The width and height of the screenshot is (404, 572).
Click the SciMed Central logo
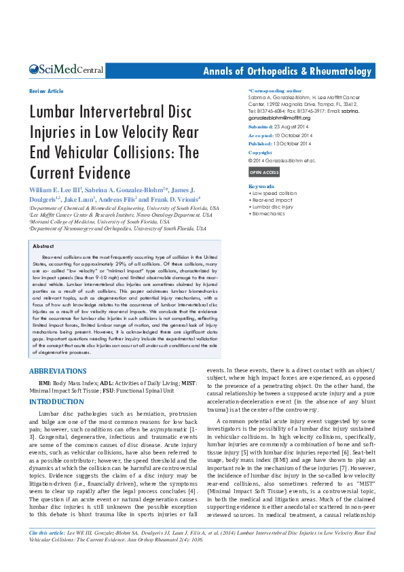(66, 70)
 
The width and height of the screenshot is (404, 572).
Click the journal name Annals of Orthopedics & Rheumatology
(288, 71)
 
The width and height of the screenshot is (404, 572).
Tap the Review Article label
(46, 91)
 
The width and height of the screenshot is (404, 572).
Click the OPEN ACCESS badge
(264, 173)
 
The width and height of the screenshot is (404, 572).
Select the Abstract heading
(43, 246)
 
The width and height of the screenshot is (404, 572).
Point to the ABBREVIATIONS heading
(58, 371)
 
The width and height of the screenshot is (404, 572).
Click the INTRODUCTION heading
(56, 402)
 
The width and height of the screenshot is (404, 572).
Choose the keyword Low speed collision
(274, 194)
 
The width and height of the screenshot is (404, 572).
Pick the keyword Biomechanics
(270, 213)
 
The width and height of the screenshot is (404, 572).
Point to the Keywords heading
(261, 186)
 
